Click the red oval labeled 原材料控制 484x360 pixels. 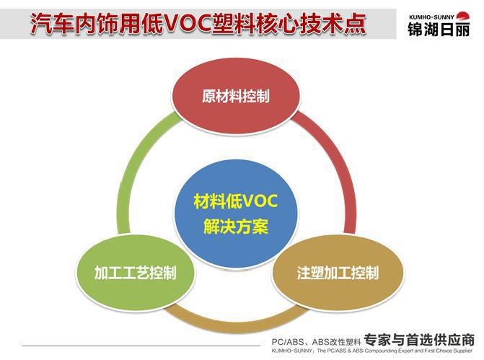[x=236, y=96]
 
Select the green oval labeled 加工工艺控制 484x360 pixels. [x=136, y=273]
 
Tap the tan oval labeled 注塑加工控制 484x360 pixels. [x=338, y=273]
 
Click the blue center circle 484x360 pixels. [x=236, y=214]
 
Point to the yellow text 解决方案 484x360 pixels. [x=236, y=227]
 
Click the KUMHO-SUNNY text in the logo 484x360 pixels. [x=431, y=17]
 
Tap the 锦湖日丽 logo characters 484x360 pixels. [x=439, y=30]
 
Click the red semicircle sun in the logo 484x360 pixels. [x=462, y=16]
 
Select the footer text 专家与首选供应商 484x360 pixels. [x=419, y=340]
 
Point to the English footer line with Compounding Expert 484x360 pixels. [x=372, y=351]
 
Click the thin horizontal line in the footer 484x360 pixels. [x=141, y=346]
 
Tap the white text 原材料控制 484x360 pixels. [x=236, y=96]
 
